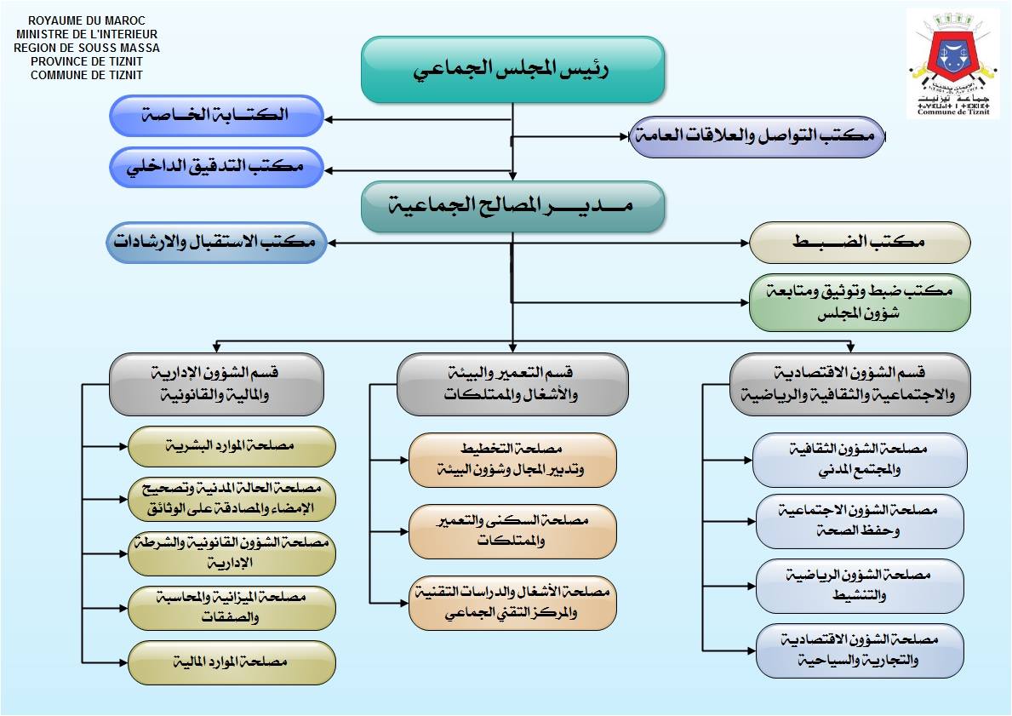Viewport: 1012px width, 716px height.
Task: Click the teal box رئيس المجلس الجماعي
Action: (x=512, y=69)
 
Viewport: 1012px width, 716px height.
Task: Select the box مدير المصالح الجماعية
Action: (x=512, y=206)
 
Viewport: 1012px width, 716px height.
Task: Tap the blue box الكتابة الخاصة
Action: (x=216, y=116)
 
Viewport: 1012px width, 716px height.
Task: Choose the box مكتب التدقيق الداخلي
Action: (x=216, y=167)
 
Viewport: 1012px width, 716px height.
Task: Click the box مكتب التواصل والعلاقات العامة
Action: (x=757, y=137)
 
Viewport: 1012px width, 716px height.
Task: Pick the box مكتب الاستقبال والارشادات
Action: (x=216, y=243)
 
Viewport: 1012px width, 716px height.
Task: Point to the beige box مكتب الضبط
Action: (x=860, y=243)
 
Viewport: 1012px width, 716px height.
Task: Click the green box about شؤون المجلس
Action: (x=860, y=302)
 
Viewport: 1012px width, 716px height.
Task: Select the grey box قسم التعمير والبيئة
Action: (x=512, y=384)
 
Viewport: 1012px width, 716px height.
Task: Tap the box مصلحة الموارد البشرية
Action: (x=232, y=446)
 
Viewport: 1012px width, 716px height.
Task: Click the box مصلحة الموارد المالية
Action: (x=232, y=662)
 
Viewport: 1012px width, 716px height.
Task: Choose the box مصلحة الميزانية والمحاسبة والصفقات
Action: (x=232, y=608)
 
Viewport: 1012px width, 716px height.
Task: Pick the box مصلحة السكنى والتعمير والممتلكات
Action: (x=512, y=531)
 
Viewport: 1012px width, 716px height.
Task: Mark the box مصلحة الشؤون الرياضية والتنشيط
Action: (x=860, y=586)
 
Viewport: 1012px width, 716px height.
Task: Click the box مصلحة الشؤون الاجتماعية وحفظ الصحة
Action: (x=860, y=520)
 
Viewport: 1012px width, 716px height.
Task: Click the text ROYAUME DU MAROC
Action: (x=87, y=20)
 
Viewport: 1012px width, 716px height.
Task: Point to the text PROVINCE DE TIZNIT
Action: (x=87, y=61)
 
